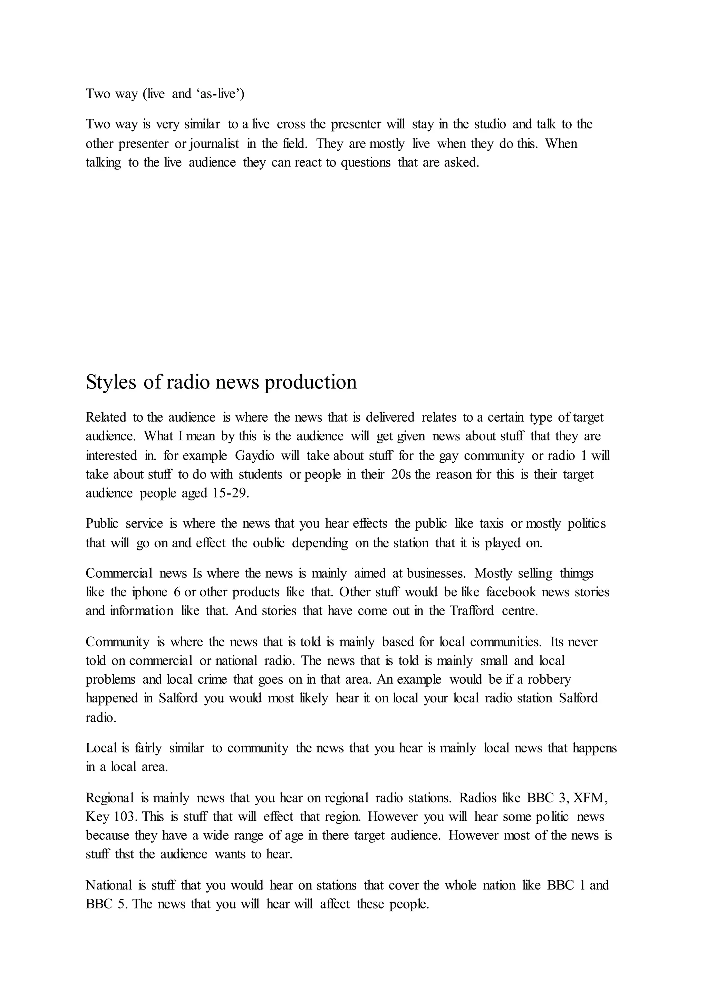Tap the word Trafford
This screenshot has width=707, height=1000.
472,611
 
